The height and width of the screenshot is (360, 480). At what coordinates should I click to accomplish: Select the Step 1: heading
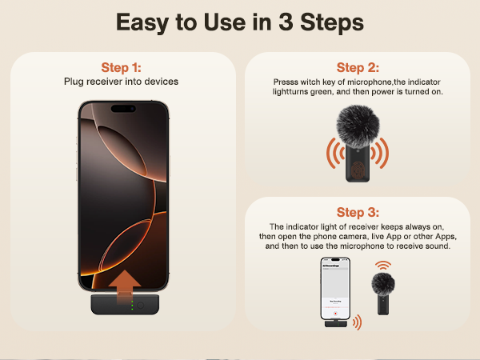point(122,67)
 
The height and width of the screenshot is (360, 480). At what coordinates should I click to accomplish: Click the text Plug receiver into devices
point(122,81)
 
